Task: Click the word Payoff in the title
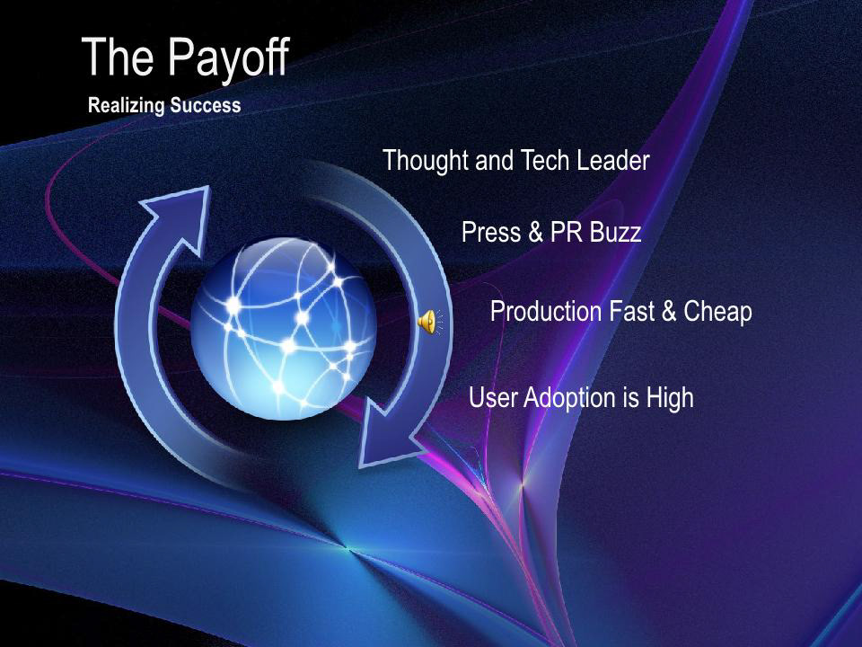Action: click(228, 58)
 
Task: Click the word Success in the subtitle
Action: click(206, 105)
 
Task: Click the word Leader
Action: click(613, 160)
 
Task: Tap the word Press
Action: click(491, 232)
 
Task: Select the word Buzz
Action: click(615, 232)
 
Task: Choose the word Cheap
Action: click(717, 312)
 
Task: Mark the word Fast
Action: click(631, 311)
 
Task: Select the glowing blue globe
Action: click(284, 329)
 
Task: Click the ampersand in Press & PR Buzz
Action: click(535, 232)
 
